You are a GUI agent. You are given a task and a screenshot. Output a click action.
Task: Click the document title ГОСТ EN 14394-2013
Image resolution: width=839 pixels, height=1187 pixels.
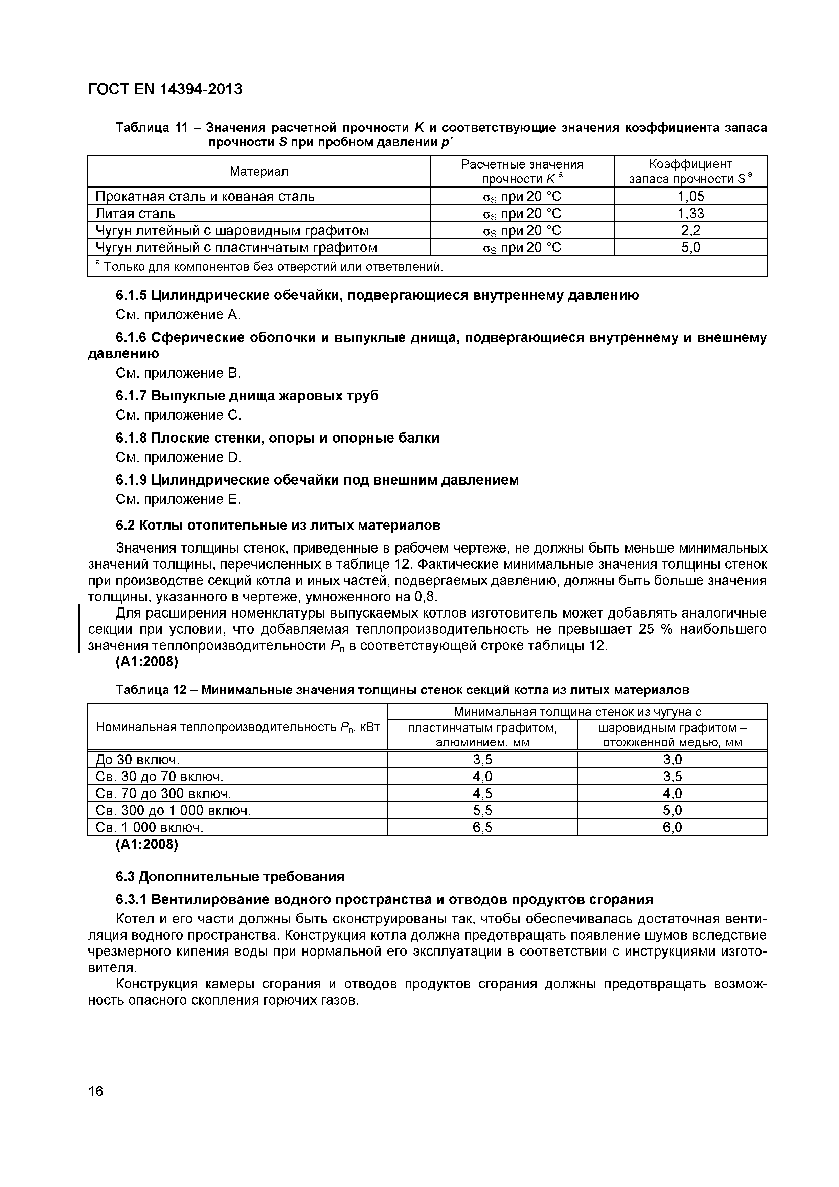(165, 89)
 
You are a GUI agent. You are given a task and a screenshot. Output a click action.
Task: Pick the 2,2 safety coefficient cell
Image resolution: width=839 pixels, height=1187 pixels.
(690, 230)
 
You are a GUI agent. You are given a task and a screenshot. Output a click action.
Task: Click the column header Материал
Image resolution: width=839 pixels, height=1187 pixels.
(259, 171)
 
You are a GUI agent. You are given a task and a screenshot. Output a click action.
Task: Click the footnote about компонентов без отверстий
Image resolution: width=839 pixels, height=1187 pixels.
(269, 267)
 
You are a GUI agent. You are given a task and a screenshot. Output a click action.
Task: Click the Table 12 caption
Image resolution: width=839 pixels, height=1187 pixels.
(402, 690)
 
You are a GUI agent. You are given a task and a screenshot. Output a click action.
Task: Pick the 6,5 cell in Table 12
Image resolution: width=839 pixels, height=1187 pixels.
(482, 828)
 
